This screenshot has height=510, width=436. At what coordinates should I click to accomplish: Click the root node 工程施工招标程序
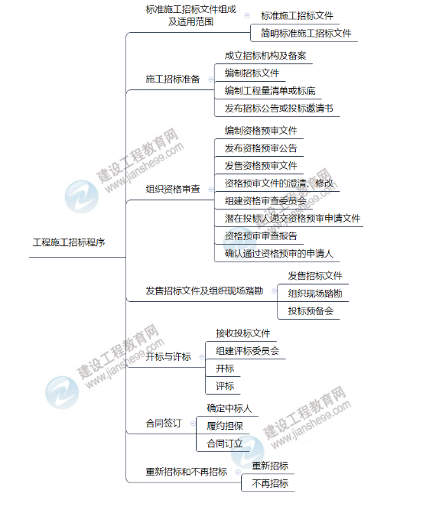pyautogui.click(x=69, y=242)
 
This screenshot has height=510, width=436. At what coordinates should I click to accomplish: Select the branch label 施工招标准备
pyautogui.click(x=172, y=79)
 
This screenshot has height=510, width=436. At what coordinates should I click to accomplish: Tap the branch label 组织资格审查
pyautogui.click(x=172, y=189)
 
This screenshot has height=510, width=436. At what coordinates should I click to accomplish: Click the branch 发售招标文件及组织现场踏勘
pyautogui.click(x=204, y=291)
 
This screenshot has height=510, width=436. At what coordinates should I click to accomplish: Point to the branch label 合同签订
pyautogui.click(x=164, y=423)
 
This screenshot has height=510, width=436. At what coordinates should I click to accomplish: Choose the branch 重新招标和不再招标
pyautogui.click(x=186, y=471)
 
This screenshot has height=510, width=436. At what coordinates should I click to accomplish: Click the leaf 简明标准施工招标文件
pyautogui.click(x=306, y=33)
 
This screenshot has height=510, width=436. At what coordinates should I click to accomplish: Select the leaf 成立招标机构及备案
pyautogui.click(x=265, y=56)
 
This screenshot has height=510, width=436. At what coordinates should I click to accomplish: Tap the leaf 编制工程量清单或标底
pyautogui.click(x=270, y=91)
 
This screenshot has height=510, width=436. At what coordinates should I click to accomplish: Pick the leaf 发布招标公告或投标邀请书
pyautogui.click(x=279, y=109)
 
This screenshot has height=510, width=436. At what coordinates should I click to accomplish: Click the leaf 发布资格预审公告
pyautogui.click(x=261, y=148)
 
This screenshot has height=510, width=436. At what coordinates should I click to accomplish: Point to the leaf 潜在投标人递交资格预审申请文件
pyautogui.click(x=292, y=218)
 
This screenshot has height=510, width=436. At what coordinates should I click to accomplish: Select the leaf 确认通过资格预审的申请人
pyautogui.click(x=279, y=253)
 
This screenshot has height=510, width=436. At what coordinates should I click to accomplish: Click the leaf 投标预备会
pyautogui.click(x=311, y=311)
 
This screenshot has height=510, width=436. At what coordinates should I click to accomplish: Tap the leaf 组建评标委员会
pyautogui.click(x=247, y=351)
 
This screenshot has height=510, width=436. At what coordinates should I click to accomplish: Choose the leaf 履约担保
pyautogui.click(x=225, y=426)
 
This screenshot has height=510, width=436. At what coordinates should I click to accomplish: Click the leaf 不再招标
pyautogui.click(x=270, y=483)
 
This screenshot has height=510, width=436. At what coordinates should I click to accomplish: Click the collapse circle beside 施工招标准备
pyautogui.click(x=211, y=80)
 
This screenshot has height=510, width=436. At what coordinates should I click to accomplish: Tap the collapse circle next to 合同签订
pyautogui.click(x=193, y=424)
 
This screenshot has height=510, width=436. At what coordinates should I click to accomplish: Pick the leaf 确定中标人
pyautogui.click(x=229, y=408)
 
